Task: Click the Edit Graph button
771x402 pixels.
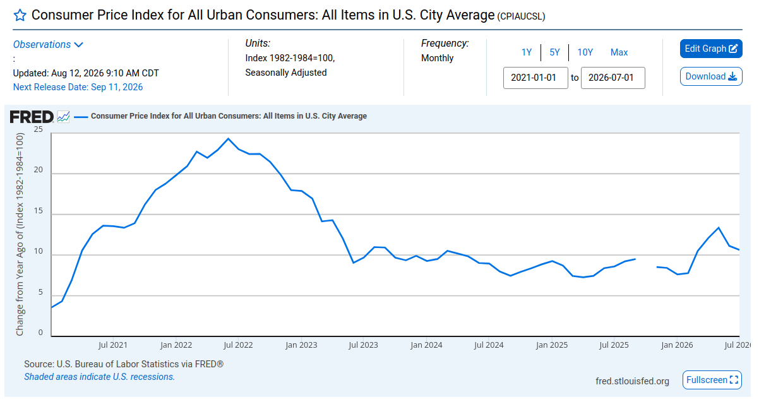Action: coord(711,49)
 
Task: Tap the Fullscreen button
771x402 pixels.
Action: coord(712,380)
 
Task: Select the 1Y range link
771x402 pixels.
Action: coord(526,52)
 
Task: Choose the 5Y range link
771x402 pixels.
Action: coord(554,52)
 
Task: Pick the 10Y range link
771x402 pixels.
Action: coord(585,52)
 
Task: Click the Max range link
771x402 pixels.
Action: coord(619,52)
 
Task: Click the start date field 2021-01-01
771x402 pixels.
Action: coord(535,78)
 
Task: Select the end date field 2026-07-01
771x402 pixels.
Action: coord(613,78)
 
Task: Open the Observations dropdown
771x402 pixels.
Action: coord(48,45)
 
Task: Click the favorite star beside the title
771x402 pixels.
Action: coord(20,15)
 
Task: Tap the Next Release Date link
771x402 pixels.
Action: coord(78,87)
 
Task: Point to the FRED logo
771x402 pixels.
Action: coord(32,117)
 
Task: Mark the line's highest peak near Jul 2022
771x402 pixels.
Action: coord(228,139)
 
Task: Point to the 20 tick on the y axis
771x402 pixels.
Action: coord(39,170)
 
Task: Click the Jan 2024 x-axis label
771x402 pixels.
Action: coord(426,345)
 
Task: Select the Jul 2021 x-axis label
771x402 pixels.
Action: coord(112,345)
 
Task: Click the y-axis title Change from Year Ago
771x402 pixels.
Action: coord(20,234)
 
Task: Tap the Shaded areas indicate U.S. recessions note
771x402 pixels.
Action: coord(100,377)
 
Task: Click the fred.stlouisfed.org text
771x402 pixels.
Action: coord(632,381)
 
